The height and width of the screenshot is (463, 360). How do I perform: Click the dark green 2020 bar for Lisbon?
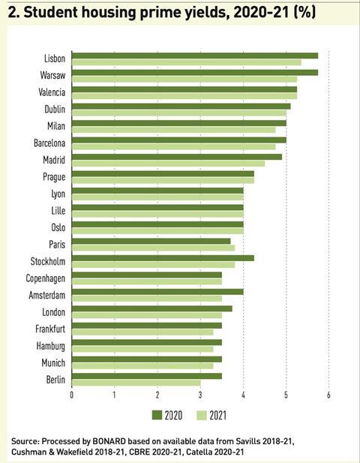(x=195, y=56)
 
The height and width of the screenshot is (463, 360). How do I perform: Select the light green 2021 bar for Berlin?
(x=136, y=383)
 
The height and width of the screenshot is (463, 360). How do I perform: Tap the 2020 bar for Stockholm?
(x=163, y=258)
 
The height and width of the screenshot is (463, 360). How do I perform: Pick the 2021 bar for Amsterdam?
(x=147, y=299)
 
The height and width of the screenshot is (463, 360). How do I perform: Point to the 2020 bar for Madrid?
(x=177, y=157)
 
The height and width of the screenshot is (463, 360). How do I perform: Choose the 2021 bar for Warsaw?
(x=184, y=79)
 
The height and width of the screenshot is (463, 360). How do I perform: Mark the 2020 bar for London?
(x=152, y=309)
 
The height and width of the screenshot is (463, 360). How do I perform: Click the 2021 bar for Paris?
(x=154, y=248)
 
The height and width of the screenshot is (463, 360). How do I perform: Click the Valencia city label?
(x=52, y=92)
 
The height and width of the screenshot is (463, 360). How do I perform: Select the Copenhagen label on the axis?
(x=46, y=278)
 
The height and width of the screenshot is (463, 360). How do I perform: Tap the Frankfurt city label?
(x=50, y=329)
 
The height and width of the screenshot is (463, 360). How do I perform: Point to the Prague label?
(x=54, y=177)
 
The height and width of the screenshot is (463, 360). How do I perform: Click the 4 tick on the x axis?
(x=243, y=395)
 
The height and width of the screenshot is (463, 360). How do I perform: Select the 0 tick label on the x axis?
(x=72, y=395)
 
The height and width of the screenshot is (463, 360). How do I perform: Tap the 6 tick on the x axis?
(x=328, y=395)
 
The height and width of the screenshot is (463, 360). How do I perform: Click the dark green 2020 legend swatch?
(x=157, y=415)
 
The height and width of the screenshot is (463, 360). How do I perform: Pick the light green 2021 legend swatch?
(x=202, y=415)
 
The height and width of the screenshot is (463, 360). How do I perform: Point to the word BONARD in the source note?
(x=109, y=441)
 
